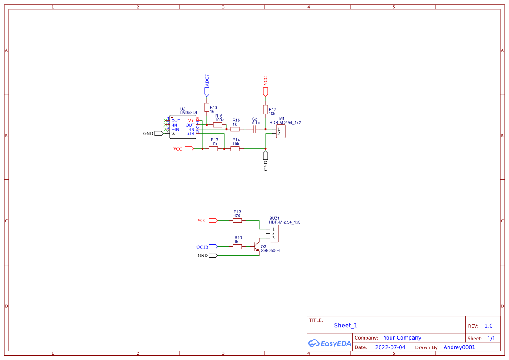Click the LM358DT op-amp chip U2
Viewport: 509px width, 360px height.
point(182,127)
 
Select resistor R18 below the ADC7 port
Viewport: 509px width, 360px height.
point(207,107)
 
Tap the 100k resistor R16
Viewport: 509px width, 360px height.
point(218,125)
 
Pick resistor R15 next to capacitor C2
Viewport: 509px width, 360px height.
point(235,129)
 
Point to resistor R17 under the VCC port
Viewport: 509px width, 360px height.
point(265,109)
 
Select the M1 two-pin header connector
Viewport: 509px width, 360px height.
point(281,131)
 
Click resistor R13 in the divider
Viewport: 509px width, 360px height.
point(213,149)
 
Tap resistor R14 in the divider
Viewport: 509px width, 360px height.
point(235,149)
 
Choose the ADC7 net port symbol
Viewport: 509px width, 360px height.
point(207,91)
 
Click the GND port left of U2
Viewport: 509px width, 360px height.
point(158,134)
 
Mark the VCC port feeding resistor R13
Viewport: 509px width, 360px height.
point(189,149)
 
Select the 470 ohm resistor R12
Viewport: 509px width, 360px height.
point(237,221)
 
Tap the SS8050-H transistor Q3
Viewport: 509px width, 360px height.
point(256,247)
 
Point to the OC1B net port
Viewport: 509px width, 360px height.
point(212,247)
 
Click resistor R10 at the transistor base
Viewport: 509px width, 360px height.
point(237,247)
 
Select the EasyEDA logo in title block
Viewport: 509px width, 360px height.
point(330,343)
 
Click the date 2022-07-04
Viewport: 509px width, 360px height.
point(390,347)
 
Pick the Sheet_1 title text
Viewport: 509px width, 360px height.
point(346,326)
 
